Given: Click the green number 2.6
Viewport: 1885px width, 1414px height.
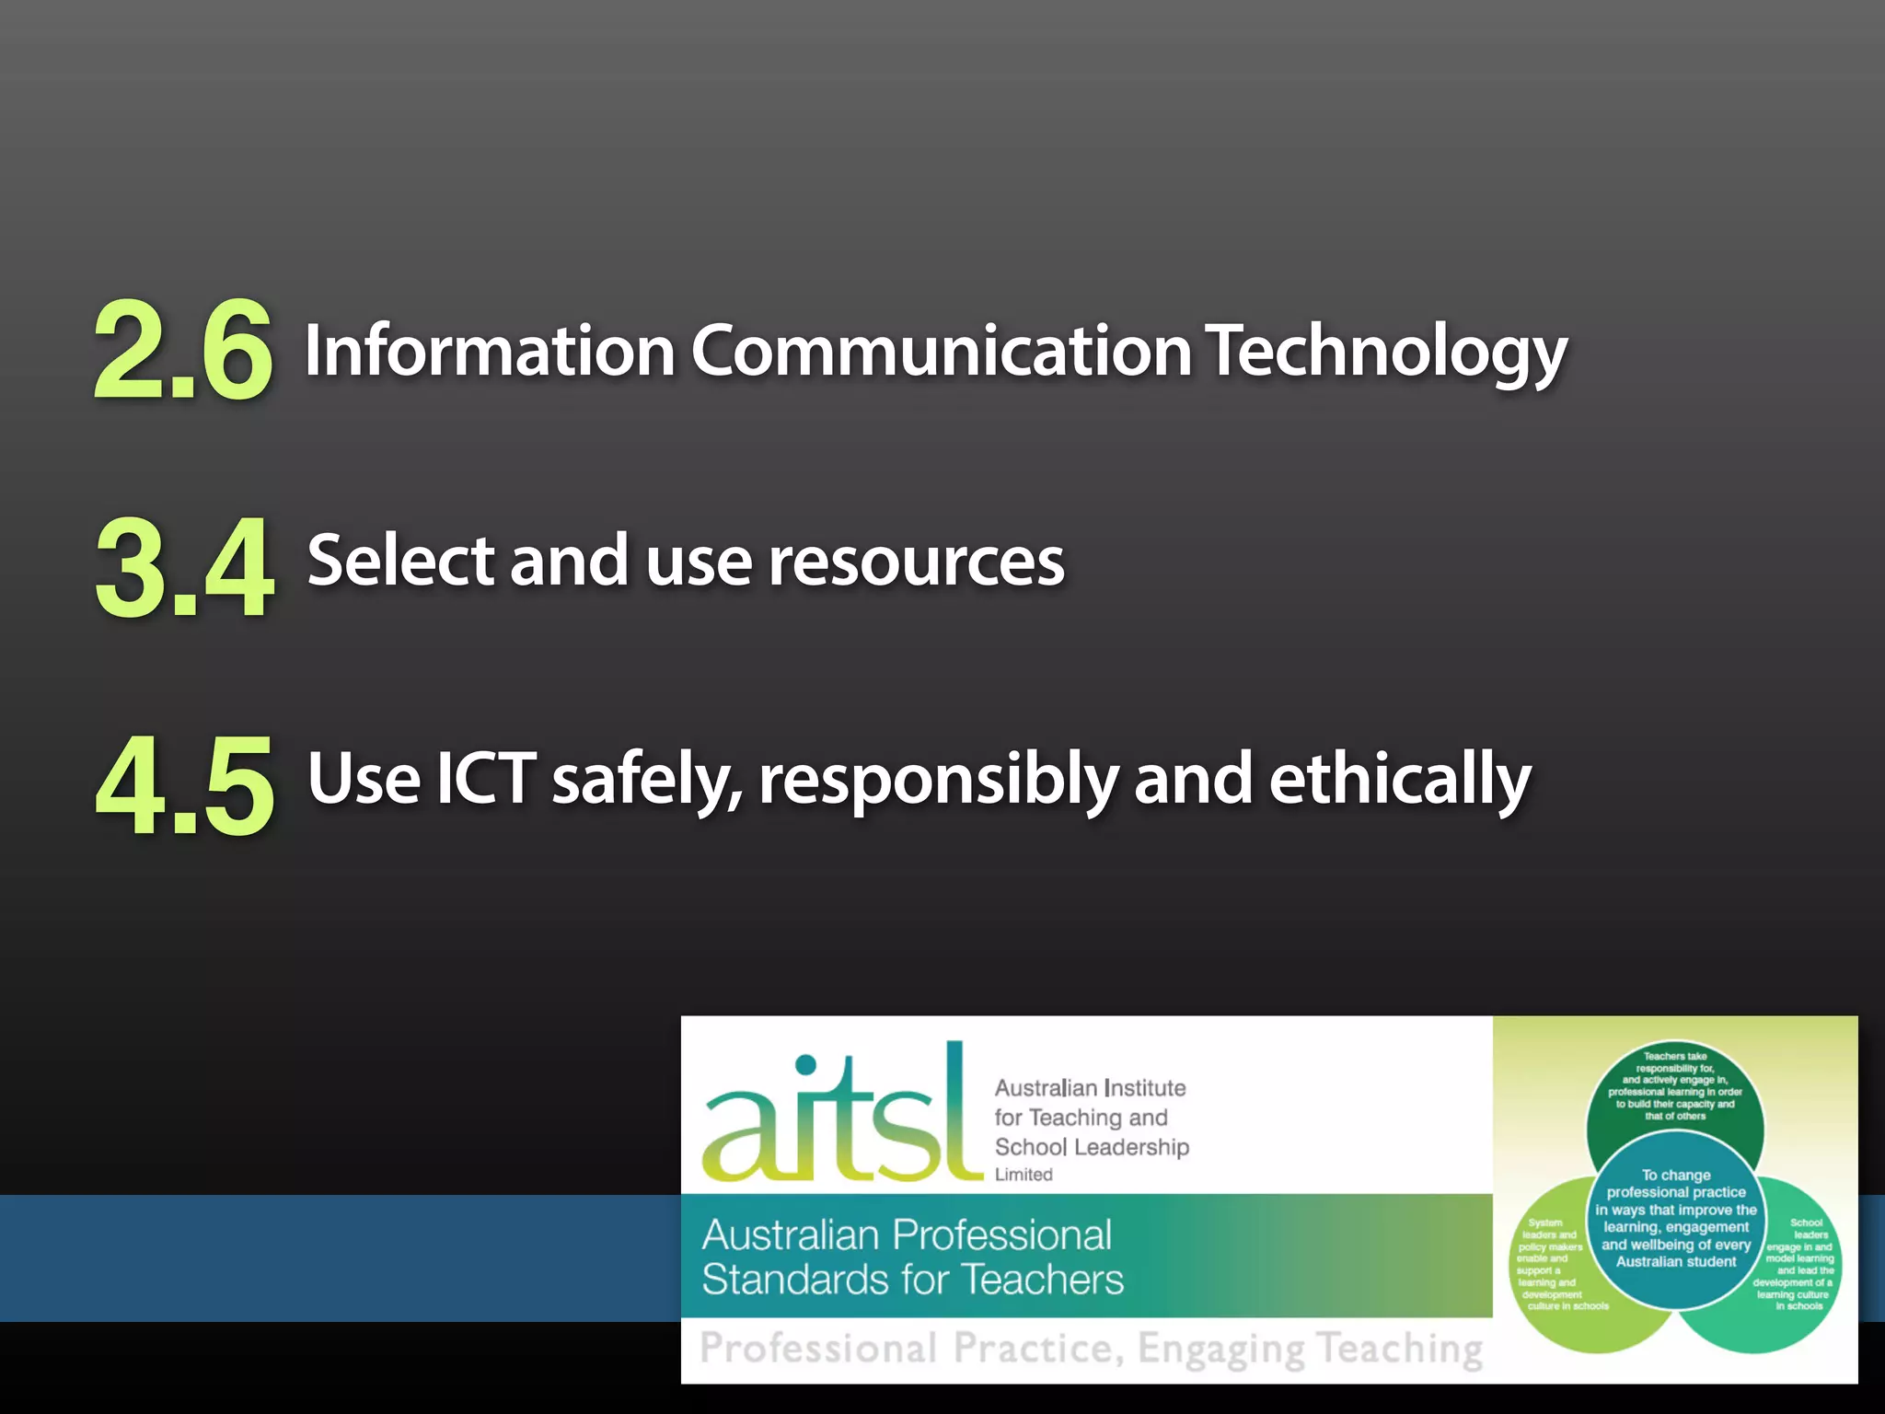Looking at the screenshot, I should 183,350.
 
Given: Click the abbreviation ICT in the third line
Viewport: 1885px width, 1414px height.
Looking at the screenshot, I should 485,779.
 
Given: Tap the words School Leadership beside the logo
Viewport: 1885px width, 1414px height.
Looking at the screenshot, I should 1092,1147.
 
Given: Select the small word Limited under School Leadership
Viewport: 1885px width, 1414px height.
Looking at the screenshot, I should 1023,1175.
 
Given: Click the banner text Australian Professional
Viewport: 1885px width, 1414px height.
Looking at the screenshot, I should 907,1235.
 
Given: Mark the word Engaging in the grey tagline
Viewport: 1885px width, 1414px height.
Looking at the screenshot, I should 1220,1349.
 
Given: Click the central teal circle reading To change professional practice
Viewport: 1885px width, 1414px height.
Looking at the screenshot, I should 1676,1218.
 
